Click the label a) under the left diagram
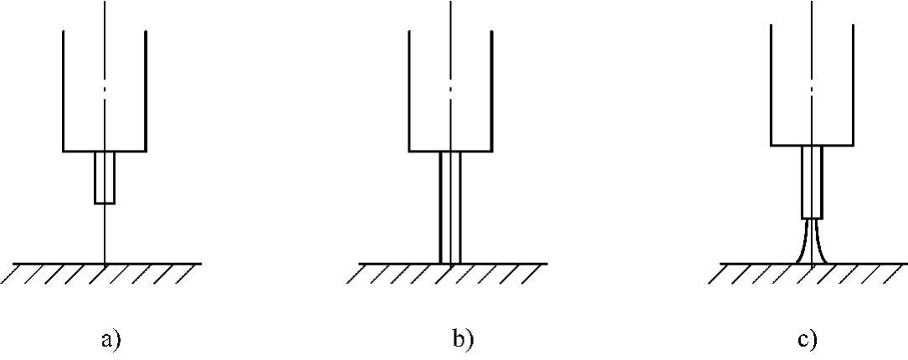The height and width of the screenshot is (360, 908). [110, 340]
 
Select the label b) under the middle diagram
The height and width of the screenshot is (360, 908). [462, 340]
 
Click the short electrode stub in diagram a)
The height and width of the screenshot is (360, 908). [105, 177]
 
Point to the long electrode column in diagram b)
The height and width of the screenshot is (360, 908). [450, 207]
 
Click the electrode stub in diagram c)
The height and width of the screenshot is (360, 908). [812, 181]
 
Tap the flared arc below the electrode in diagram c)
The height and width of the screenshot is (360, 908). [812, 243]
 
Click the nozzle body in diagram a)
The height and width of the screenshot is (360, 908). [105, 92]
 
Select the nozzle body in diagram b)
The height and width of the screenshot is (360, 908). [450, 92]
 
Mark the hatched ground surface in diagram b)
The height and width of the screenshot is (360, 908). [452, 273]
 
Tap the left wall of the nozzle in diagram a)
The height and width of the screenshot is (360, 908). [64, 92]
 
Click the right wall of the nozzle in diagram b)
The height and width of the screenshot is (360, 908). [492, 92]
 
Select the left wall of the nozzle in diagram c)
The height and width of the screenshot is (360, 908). [770, 84]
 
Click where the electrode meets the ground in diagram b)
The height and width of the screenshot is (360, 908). [450, 263]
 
